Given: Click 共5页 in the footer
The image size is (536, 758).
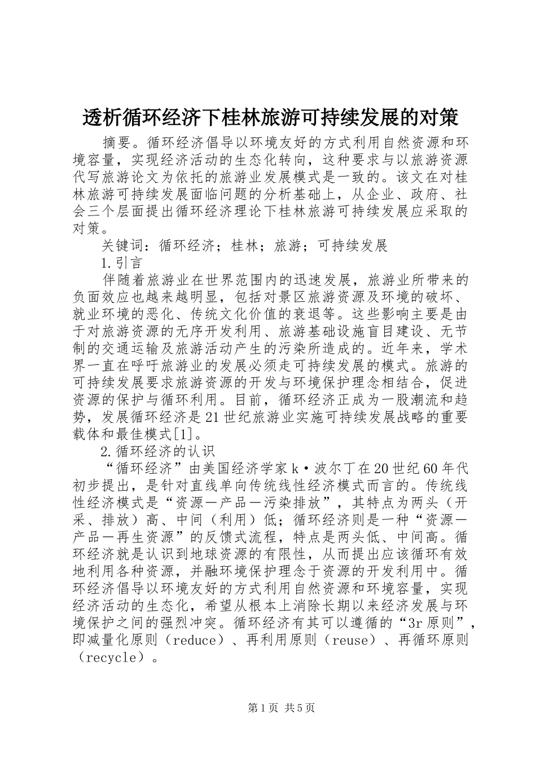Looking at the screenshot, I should [300, 708].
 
